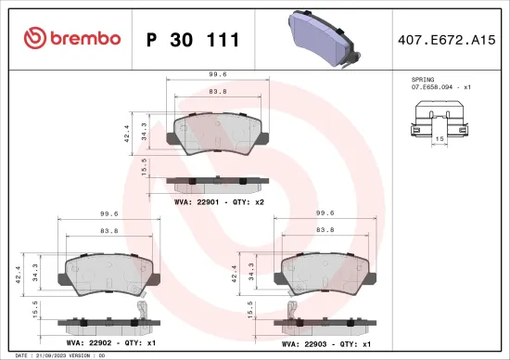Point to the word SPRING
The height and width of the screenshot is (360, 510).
[x=423, y=80]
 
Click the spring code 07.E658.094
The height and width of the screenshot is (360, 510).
[x=439, y=87]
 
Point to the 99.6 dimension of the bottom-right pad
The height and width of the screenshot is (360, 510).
[x=325, y=212]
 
